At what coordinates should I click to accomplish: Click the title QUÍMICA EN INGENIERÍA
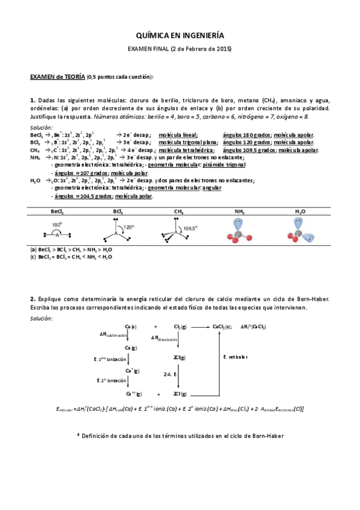[x=180, y=35]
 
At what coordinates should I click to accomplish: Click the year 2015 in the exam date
[x=221, y=49]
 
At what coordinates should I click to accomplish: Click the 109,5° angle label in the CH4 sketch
[x=192, y=229]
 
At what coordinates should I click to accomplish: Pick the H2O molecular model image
[x=300, y=231]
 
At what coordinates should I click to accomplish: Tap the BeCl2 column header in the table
[x=58, y=212]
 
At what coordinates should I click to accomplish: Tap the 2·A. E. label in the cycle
[x=169, y=374]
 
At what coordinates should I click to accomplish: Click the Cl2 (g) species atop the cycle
[x=180, y=326]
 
